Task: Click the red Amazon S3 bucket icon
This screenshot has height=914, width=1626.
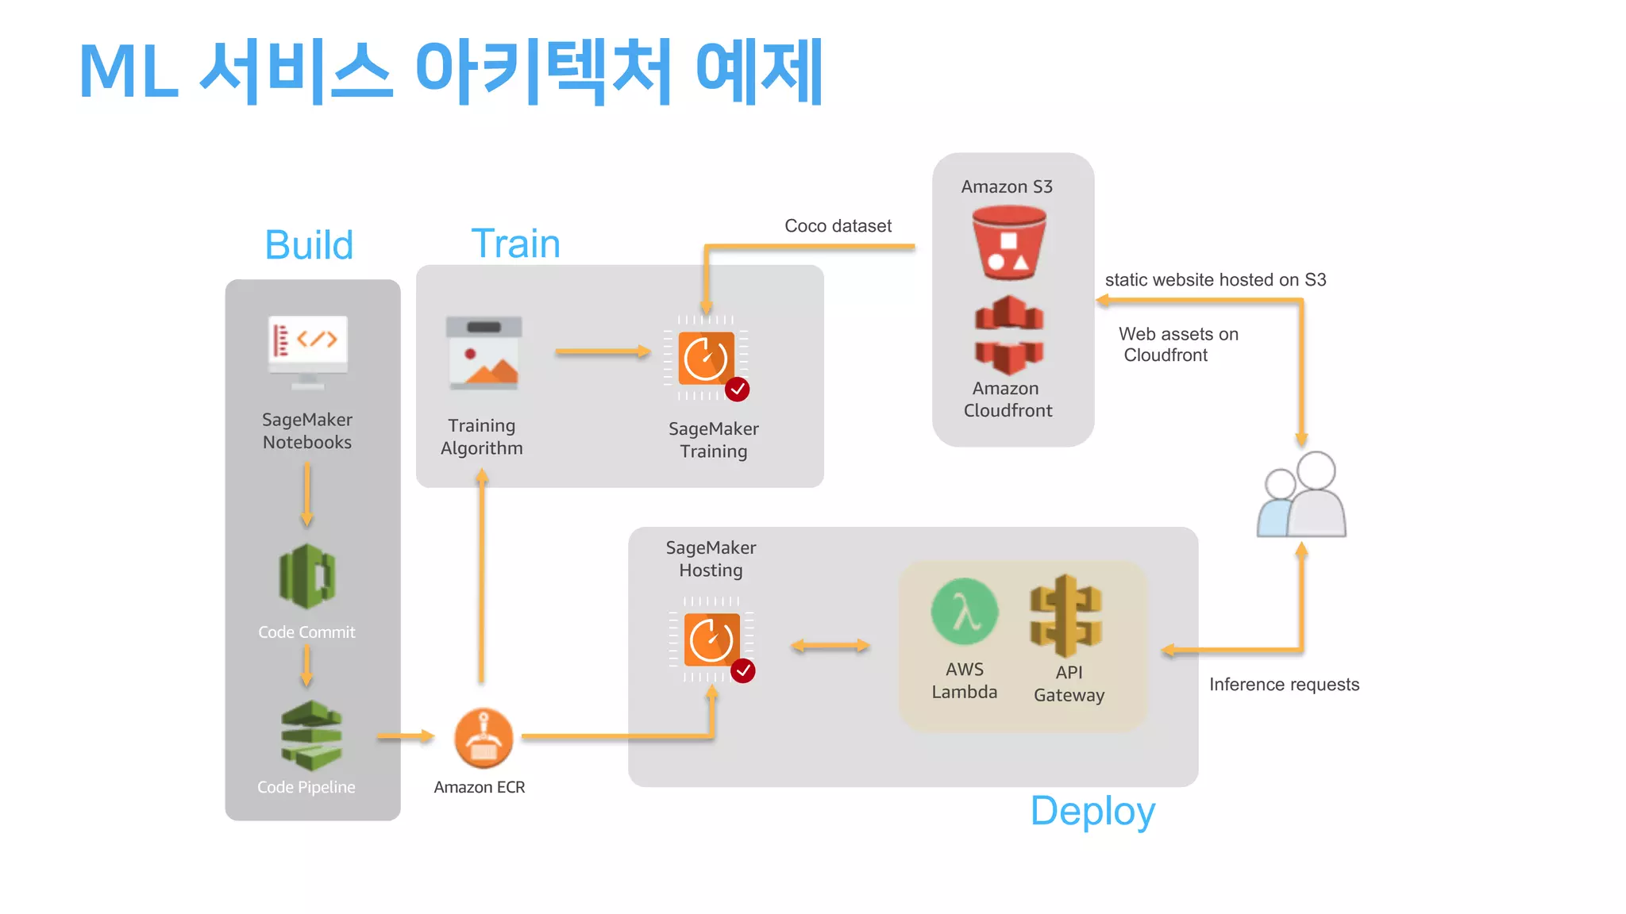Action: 1008,242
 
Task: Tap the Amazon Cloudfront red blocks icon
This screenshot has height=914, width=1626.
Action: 1008,335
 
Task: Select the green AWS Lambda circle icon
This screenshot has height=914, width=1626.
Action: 965,612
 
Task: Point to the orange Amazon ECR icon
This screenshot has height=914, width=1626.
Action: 483,739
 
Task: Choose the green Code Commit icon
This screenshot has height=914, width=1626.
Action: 307,576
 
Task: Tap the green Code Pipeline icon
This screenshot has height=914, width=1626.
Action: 311,735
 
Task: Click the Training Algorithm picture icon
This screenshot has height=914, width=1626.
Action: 484,352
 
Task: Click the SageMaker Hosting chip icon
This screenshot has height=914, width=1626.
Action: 712,639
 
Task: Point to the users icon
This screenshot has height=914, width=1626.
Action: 1302,495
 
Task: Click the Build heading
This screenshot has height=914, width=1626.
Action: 309,244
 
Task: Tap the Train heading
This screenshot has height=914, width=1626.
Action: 516,243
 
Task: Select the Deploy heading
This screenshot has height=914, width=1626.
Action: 1092,811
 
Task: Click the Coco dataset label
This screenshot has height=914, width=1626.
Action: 838,226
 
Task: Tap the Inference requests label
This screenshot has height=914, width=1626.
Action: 1284,684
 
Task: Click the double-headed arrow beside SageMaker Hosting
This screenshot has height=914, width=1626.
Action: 830,646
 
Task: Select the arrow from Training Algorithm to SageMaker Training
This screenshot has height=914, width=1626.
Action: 602,351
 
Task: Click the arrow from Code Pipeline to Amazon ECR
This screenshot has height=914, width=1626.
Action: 405,736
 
